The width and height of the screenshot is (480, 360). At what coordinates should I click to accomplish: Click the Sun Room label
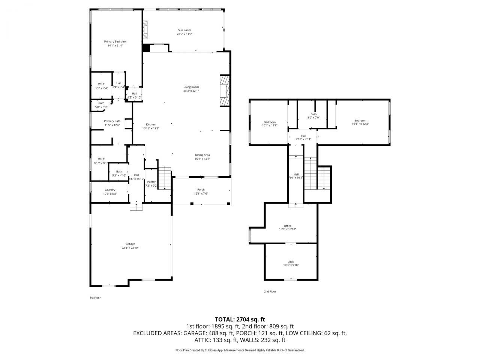point(184,30)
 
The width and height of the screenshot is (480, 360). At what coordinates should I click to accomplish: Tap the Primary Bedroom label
point(115,42)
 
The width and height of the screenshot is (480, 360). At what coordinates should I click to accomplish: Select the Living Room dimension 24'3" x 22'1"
point(191,91)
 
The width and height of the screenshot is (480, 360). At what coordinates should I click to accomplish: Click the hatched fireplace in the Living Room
point(224,91)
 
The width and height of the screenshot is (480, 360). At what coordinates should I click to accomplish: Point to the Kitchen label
point(151,124)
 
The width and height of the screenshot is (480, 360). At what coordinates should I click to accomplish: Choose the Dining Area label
point(202,155)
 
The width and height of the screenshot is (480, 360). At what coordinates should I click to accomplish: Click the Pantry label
point(151,182)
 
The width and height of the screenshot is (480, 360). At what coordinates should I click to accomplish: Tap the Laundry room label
point(110,190)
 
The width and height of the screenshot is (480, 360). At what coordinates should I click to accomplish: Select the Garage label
point(130,244)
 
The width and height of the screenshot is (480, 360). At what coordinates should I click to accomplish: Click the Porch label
point(201,190)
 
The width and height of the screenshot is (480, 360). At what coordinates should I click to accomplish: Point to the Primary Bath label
point(112,121)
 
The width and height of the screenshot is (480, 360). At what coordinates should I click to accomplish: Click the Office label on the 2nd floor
point(287,226)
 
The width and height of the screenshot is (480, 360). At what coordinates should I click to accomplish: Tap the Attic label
point(291,262)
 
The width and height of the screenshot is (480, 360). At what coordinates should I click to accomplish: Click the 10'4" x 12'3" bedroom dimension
point(270,126)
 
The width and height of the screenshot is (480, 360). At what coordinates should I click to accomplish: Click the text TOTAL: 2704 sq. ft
point(240,319)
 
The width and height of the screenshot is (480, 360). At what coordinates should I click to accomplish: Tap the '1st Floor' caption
point(95,298)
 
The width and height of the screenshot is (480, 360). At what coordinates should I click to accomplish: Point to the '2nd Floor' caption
point(270,291)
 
